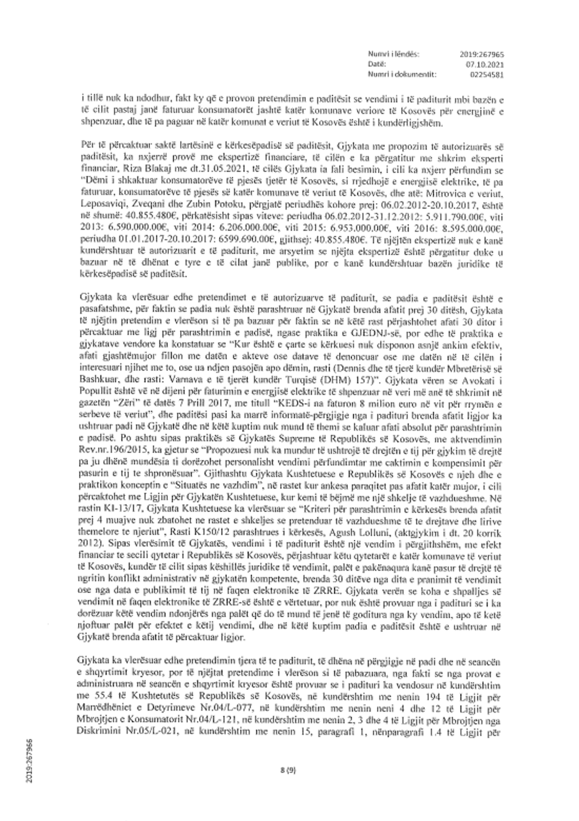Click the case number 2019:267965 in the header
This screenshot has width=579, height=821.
click(x=482, y=54)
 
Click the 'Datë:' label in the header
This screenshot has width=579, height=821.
click(x=376, y=64)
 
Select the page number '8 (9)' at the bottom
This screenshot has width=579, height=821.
click(x=289, y=769)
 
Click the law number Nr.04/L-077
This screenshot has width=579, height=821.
click(x=201, y=709)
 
